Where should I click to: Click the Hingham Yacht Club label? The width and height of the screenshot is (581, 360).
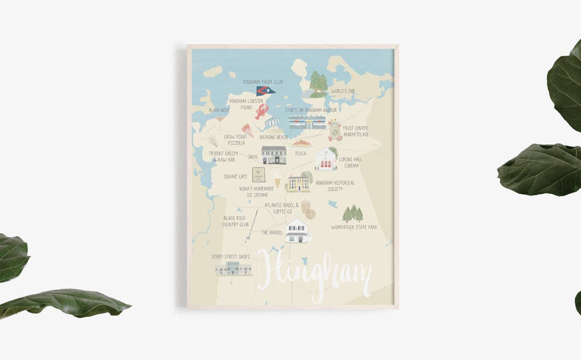[263, 82]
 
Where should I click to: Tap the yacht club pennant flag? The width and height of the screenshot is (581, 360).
[265, 91]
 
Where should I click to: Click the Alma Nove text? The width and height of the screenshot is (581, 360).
[219, 110]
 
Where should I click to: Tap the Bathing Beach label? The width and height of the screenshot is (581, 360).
[274, 137]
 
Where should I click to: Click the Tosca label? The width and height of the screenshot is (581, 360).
[300, 154]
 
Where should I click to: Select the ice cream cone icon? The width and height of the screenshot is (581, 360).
[277, 182]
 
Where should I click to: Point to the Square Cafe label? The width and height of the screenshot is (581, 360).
[235, 176]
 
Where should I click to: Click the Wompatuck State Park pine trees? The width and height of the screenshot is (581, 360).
[353, 213]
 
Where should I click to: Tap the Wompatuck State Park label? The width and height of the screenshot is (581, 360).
[354, 227]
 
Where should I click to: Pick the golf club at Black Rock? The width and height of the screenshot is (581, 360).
[252, 225]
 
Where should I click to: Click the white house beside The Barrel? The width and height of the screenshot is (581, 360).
[298, 230]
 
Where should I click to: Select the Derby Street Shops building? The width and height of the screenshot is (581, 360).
[233, 268]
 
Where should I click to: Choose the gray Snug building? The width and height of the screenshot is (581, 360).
[273, 155]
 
